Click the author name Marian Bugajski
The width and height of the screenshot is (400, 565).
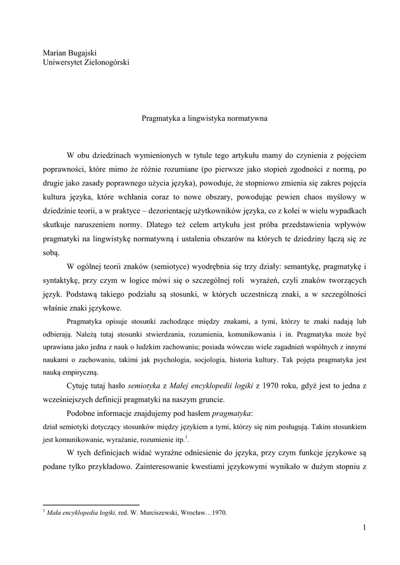70,53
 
